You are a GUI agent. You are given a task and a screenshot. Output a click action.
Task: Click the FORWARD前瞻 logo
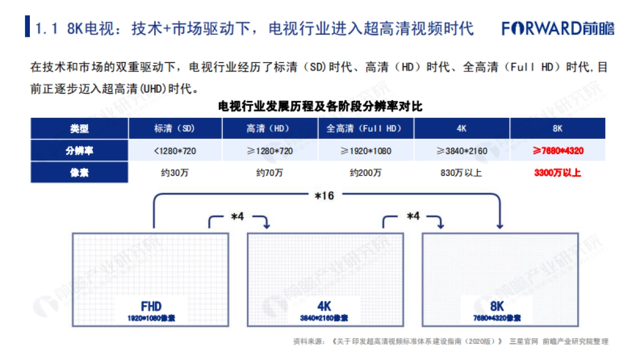(557, 28)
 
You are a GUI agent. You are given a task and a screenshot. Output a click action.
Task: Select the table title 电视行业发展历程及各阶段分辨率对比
(320, 106)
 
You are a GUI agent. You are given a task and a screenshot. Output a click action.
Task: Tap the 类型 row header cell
(79, 129)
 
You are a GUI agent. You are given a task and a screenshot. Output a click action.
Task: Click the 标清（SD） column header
(175, 129)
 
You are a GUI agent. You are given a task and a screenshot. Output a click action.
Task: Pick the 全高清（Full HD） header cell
(366, 129)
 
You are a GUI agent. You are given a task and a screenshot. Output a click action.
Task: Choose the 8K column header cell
(557, 129)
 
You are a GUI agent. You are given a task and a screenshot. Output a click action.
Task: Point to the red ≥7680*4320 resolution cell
(557, 151)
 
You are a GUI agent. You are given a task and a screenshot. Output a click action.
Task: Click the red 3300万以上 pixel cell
(557, 173)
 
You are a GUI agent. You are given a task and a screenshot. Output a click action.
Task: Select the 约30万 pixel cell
(175, 173)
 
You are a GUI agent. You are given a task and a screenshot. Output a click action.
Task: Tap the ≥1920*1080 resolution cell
(366, 151)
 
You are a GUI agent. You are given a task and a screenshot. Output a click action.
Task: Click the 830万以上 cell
(462, 173)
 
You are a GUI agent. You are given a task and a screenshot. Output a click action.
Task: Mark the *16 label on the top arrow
(324, 196)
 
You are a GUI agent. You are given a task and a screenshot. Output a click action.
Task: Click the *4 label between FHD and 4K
(237, 217)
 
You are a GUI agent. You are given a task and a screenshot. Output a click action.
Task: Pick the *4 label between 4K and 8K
(413, 217)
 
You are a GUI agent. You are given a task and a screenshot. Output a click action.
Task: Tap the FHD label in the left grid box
(151, 306)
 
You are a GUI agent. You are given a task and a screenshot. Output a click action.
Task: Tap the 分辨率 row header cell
(79, 151)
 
